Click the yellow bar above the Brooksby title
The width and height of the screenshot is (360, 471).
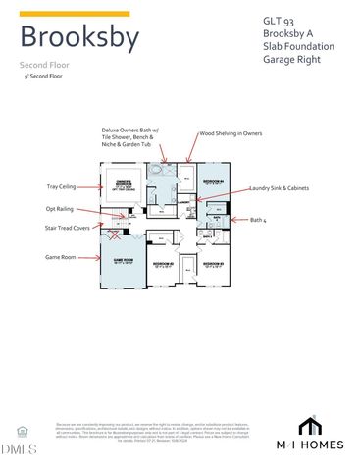coord(74,14)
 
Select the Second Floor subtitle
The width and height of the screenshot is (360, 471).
coord(44,65)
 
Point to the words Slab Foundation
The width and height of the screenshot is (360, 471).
coord(298,46)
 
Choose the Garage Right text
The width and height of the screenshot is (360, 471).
coord(293,60)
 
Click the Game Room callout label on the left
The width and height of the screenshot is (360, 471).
coord(62,257)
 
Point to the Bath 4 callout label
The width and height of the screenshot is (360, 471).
coord(259,220)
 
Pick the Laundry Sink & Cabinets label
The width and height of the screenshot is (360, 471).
coord(283,187)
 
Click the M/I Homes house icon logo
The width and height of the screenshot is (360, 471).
coord(310,425)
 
